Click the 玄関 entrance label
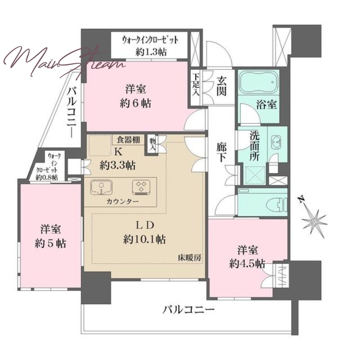221,86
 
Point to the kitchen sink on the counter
101,187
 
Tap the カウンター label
122,202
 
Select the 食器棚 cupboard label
128,139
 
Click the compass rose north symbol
314,220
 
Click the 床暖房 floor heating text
189,258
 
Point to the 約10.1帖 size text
144,240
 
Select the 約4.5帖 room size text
247,264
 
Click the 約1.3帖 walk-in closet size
151,52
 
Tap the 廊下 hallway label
221,153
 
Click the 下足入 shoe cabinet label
196,85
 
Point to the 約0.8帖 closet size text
47,177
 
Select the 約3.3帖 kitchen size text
117,165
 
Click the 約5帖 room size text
50,243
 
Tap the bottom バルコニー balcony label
189,310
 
